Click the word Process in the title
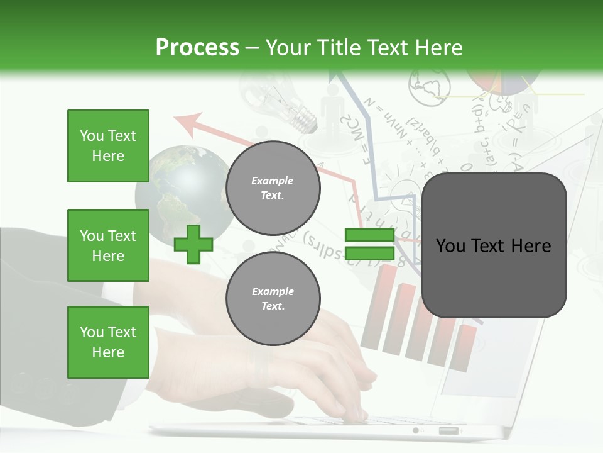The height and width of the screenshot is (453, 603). point(197,47)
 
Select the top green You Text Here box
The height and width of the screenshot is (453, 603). point(108,146)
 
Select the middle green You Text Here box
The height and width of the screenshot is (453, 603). point(108,245)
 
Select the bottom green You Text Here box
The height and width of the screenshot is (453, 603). point(108,342)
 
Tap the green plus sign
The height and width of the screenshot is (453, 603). point(193,244)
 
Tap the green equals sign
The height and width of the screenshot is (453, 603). point(369,244)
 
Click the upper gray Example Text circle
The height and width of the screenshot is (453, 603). point(273,187)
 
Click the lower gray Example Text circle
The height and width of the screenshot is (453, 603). point(273,298)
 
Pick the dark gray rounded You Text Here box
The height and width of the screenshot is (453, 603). point(494,245)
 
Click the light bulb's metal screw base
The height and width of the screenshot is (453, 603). point(305,120)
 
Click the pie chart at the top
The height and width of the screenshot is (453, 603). point(503,82)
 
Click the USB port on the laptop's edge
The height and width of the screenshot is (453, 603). point(448,431)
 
